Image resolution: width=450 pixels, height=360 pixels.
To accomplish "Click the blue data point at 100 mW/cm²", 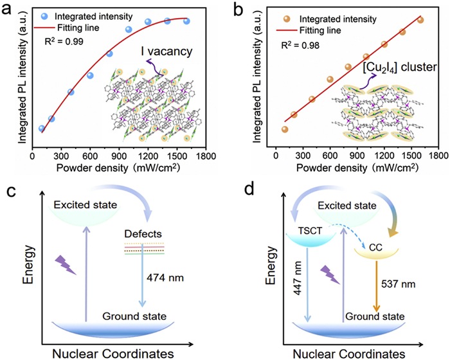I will pyautogui.click(x=42, y=129).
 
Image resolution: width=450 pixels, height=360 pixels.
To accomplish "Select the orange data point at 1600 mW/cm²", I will pyautogui.click(x=420, y=20).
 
